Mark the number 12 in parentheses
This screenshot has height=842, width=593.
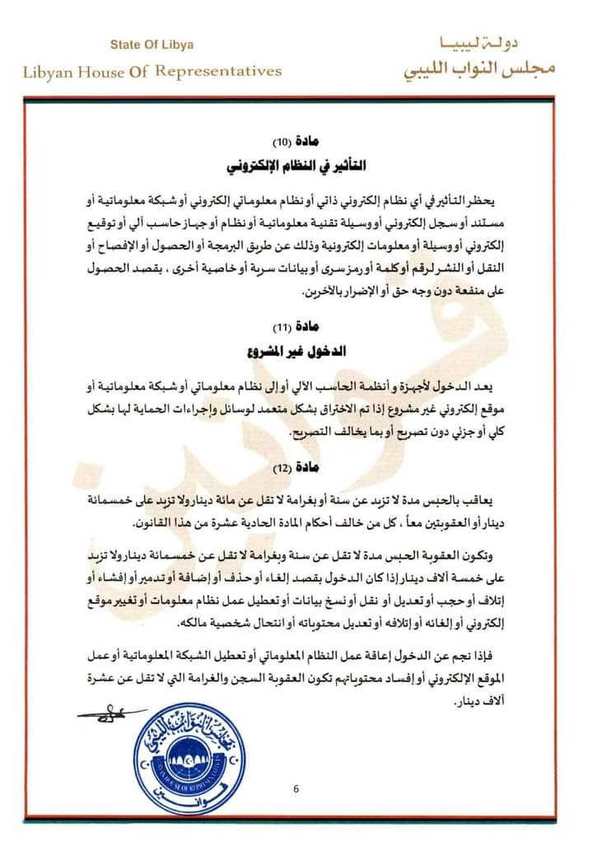(282, 470)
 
